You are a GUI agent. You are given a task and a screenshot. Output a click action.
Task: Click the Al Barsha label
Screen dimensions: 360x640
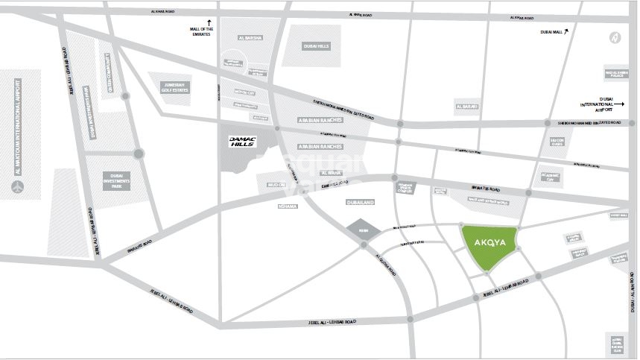coord(251,37)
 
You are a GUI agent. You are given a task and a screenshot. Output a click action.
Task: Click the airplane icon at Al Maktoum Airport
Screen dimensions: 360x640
coord(19,186)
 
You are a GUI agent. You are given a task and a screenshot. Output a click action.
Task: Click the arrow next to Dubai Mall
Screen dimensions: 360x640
coord(567,31)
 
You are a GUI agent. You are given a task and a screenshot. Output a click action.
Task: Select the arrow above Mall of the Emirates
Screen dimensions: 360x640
coord(209,22)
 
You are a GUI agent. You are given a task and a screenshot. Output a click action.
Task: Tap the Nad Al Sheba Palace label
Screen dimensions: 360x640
coord(617,72)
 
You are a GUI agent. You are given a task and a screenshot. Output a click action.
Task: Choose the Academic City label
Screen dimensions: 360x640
coord(549,177)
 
